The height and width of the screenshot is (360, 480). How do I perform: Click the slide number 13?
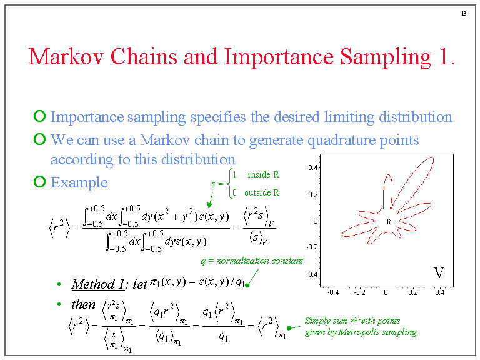463,14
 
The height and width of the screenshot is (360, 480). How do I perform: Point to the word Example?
79,182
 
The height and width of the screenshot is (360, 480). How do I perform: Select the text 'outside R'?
262,192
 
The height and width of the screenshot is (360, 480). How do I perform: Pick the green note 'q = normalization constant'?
251,261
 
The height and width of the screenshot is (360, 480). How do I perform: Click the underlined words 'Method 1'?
98,284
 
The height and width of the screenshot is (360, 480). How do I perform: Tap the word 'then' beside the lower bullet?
83,304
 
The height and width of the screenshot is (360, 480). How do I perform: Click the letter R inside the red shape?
388,221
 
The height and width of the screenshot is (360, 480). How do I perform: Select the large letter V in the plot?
439,272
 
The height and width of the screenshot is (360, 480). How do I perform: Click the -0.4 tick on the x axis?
333,292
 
